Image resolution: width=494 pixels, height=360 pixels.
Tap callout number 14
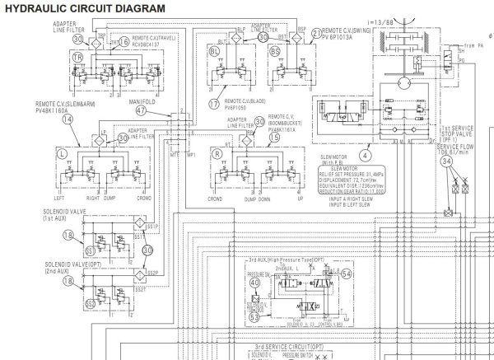pos(45,118)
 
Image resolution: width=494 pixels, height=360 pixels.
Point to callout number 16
pos(123,41)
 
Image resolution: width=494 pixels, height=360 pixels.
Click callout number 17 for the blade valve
pos(215,104)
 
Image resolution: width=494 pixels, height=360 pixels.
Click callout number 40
pos(254,283)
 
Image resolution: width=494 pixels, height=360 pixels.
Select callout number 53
pos(254,315)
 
